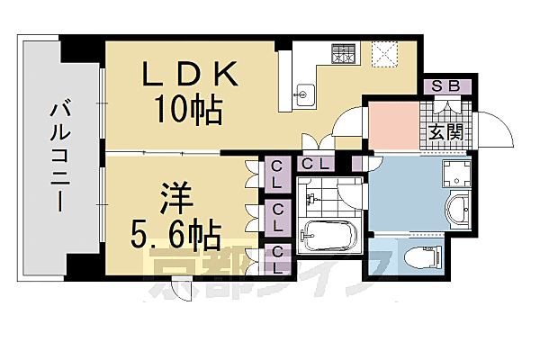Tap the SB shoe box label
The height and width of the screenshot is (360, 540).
click(445, 87)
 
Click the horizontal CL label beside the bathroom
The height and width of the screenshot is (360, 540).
click(313, 164)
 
